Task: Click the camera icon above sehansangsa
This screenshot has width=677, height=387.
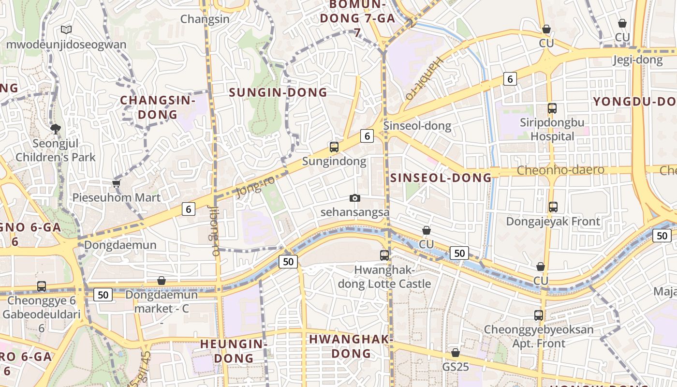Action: tap(355, 198)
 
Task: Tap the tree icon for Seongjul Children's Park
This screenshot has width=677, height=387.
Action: tap(56, 129)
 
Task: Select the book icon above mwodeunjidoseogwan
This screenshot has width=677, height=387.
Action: tap(66, 30)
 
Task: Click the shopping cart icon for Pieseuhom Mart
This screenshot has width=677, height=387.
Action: tap(116, 183)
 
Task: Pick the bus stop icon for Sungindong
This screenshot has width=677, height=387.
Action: tap(334, 147)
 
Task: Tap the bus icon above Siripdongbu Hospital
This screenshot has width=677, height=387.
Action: tap(552, 108)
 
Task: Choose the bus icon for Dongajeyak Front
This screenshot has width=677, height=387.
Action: tap(553, 207)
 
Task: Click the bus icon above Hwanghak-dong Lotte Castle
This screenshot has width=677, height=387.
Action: tap(384, 255)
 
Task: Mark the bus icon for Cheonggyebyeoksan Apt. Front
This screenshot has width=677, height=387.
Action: tap(539, 315)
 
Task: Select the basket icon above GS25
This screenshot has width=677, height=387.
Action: tap(456, 353)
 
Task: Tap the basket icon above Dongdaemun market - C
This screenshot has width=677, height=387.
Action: tap(162, 281)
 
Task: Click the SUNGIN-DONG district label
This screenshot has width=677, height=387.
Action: tap(278, 92)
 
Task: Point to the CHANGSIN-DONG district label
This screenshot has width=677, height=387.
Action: tap(157, 107)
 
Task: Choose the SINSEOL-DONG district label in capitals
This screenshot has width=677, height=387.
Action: tap(441, 178)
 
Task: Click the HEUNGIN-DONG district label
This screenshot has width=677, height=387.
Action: tap(234, 351)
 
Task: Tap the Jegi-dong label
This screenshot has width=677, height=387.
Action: tap(638, 60)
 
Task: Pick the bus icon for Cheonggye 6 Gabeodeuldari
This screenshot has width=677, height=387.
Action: tap(42, 286)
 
